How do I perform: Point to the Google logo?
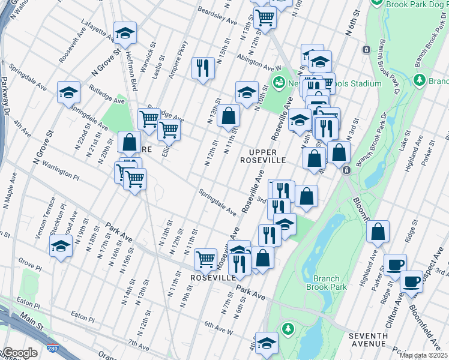click(20, 353)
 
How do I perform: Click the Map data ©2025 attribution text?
click(423, 355)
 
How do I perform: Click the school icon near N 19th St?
click(61, 247)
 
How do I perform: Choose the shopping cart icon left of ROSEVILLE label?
click(205, 259)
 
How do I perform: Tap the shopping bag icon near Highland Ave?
click(378, 232)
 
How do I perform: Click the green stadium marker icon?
click(279, 82)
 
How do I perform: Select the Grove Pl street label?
click(29, 262)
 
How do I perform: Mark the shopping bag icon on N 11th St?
click(228, 115)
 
